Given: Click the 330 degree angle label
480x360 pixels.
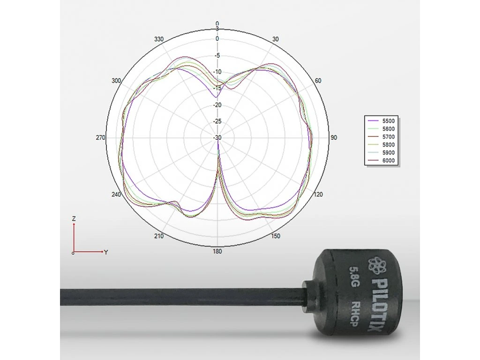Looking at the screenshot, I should tap(159, 39).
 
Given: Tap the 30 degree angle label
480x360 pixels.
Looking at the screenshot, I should tap(275, 39).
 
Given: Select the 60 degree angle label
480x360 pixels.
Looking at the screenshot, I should tap(318, 81).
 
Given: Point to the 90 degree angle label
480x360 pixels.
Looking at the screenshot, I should tap(334, 138).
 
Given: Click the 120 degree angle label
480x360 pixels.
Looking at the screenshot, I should tap(319, 195).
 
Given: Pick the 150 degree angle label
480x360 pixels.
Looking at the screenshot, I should tap(276, 236).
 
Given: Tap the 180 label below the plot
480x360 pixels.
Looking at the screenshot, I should tap(217, 252).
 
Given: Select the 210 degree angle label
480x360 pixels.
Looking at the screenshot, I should tap(159, 236).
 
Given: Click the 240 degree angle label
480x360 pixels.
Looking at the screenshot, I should tap(116, 195).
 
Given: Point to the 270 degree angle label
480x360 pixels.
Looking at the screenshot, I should tap(100, 138).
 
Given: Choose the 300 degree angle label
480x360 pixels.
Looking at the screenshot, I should tap(116, 81).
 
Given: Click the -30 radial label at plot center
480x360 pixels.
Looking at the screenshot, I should tap(217, 138).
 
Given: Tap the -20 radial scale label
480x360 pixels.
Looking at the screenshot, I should tap(217, 105).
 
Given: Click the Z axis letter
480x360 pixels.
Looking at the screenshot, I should tap(74, 218).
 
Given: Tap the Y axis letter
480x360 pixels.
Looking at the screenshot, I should tap(106, 252).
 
